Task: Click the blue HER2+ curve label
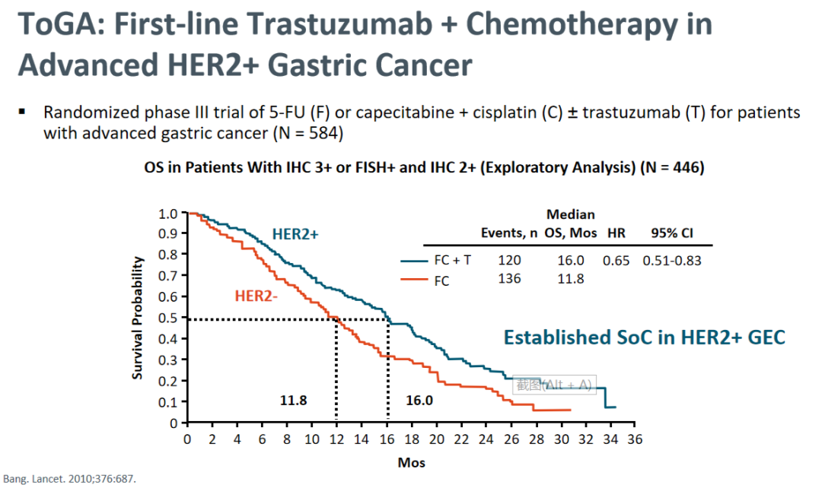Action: coord(295,236)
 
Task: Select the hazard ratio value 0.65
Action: coord(617,260)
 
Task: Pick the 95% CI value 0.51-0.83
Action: coord(672,260)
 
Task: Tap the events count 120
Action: coord(509,260)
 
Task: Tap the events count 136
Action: coord(509,279)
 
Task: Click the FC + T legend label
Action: coord(453,260)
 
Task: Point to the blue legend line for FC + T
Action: coord(415,261)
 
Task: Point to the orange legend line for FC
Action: coord(415,280)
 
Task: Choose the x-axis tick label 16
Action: coord(387,439)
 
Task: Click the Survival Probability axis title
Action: coord(138,318)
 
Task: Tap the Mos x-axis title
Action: coord(411,462)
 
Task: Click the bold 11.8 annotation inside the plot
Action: coord(293,400)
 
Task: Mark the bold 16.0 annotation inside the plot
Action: coord(419,400)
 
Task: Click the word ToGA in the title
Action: coord(57,25)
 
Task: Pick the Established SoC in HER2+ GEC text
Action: coord(644,337)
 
